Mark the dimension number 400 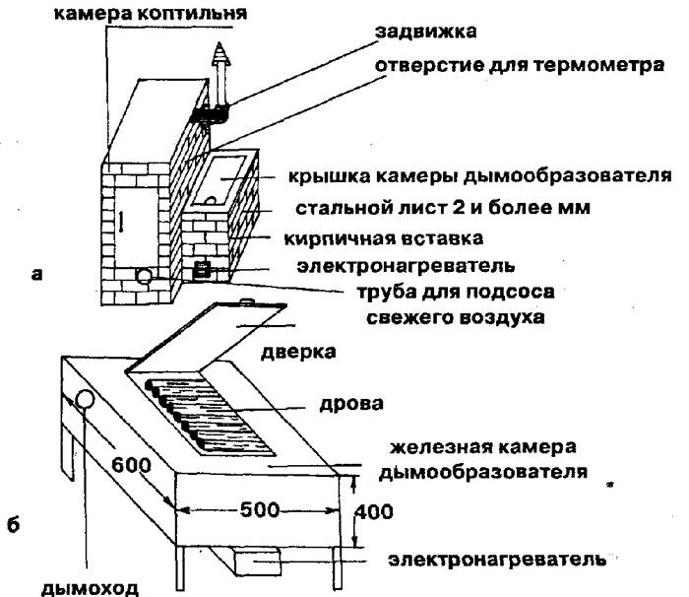372,512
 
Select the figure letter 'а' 36,277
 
